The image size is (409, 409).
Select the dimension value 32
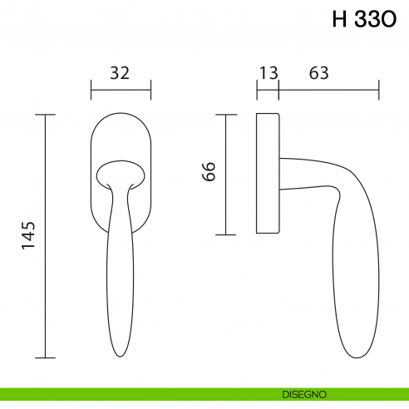(120, 73)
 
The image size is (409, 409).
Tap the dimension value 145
(28, 236)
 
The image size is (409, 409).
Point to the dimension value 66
(209, 172)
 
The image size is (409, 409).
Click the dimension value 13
(268, 73)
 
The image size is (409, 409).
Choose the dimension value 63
(319, 73)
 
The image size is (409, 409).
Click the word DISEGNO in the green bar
(303, 392)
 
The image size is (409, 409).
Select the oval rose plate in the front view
(120, 133)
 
